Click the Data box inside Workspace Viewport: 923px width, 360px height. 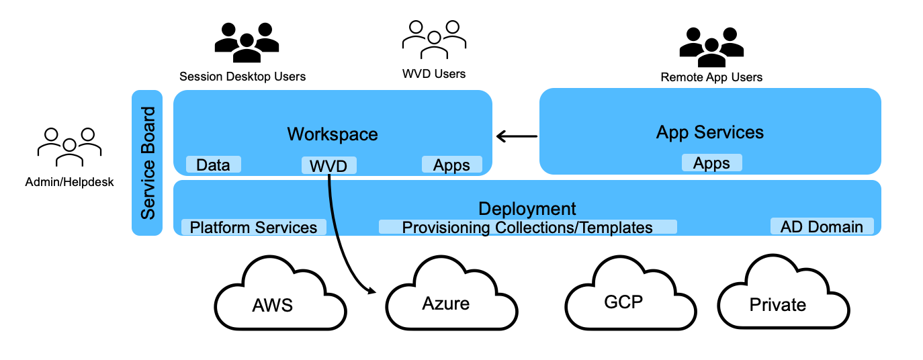[213, 165]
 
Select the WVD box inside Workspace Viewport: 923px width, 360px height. [328, 165]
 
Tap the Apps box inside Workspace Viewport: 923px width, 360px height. [451, 165]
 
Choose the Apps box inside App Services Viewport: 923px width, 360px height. [711, 163]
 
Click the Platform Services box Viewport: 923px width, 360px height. [253, 227]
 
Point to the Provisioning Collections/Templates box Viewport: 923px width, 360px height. [527, 227]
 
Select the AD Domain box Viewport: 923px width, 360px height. [822, 226]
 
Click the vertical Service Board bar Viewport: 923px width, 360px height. [147, 163]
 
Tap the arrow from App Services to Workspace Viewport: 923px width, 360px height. [517, 137]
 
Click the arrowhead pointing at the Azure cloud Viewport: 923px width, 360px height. [371, 291]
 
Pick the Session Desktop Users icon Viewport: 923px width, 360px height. [247, 43]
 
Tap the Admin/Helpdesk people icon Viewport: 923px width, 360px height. [69, 146]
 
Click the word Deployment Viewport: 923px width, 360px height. [527, 208]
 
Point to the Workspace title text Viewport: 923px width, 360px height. [333, 134]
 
